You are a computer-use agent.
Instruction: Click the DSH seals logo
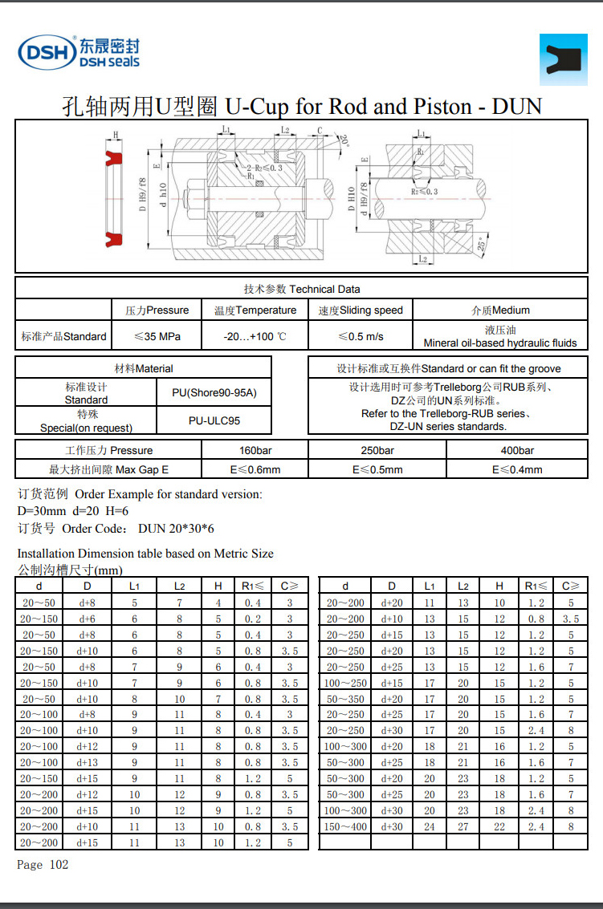[x=79, y=52]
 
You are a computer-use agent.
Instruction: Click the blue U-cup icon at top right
[x=563, y=59]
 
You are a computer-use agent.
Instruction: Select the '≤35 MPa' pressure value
[x=157, y=336]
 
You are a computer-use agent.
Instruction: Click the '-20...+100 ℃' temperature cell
[x=255, y=336]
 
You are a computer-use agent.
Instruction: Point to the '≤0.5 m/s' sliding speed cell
[x=361, y=336]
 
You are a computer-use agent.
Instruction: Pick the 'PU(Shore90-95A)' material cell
[x=213, y=393]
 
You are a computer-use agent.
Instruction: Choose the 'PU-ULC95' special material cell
[x=214, y=420]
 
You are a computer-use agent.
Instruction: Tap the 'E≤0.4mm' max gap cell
[x=517, y=469]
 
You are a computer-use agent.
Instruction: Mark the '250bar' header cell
[x=377, y=450]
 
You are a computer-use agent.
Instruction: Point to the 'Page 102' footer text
[x=43, y=864]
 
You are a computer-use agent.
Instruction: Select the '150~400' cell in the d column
[x=345, y=826]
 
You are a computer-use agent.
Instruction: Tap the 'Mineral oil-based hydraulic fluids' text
[x=500, y=343]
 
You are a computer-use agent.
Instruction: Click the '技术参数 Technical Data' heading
[x=302, y=289]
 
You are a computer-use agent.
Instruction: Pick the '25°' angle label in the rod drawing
[x=481, y=244]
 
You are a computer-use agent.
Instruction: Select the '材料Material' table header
[x=143, y=368]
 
